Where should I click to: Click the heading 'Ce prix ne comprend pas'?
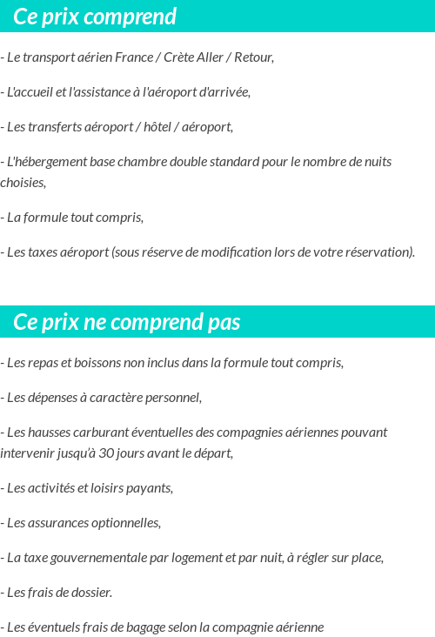point(127,323)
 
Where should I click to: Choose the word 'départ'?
point(214,453)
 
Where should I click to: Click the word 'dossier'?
point(88,593)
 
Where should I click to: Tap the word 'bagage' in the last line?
point(156,627)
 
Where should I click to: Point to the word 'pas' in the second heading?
point(224,323)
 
